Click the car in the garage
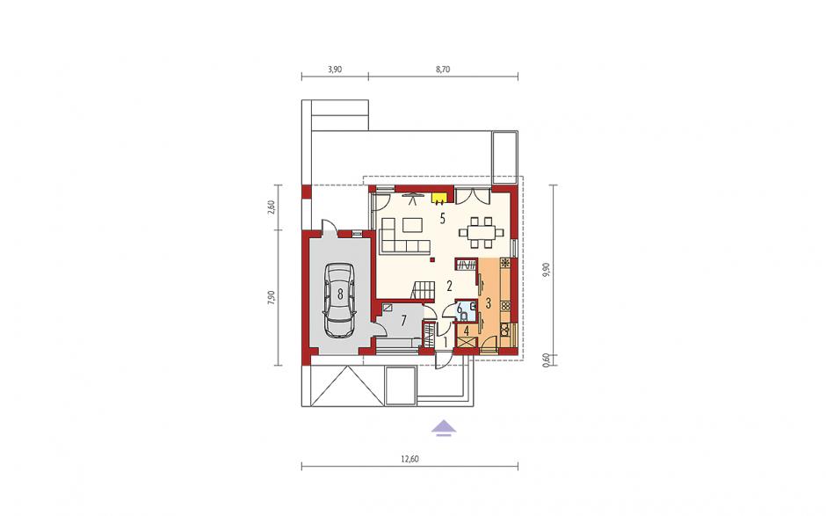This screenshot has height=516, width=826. (340, 300)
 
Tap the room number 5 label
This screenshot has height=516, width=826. (443, 218)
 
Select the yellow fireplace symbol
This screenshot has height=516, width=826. (439, 198)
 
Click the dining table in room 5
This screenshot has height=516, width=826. (482, 231)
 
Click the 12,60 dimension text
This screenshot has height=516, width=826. (409, 459)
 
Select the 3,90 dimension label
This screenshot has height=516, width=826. (335, 69)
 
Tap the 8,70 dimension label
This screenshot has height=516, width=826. (443, 69)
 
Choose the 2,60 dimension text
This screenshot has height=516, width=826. (272, 207)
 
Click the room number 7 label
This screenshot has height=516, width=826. (404, 321)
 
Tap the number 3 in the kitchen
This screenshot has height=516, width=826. (488, 303)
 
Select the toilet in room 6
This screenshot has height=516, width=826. (464, 316)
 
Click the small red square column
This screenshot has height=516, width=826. (432, 260)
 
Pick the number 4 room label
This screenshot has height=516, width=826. (467, 331)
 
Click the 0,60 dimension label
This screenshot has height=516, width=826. (547, 360)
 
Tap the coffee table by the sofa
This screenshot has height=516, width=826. (412, 226)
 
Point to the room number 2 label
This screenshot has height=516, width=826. (449, 287)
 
